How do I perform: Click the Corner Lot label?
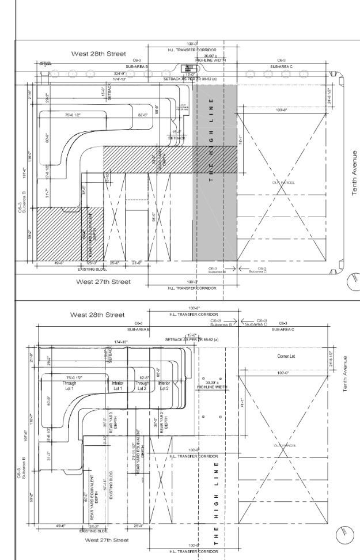click(286, 357)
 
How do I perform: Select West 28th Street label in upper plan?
click(97, 54)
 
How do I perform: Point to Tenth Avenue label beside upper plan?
click(354, 173)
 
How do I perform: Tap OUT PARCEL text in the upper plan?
click(279, 183)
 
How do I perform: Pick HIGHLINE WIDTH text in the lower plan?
click(211, 382)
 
